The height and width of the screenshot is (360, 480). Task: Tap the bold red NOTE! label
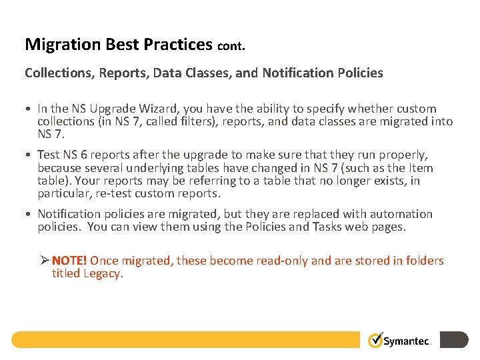point(69,261)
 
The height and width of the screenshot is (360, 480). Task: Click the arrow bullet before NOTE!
point(44,261)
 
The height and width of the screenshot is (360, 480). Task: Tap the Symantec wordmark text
point(408,341)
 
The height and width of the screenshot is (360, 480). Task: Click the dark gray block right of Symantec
point(455,340)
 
